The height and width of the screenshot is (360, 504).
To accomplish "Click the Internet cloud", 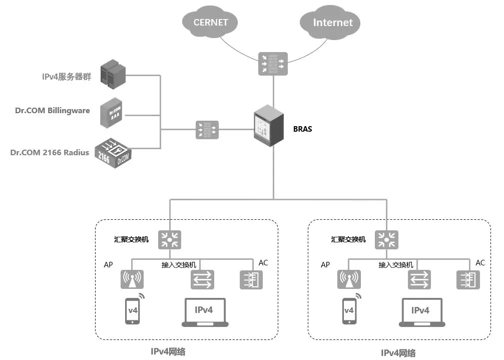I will point(332,22).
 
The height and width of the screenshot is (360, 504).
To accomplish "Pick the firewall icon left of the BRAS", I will point(206,130).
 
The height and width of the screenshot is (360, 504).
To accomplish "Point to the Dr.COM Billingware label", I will point(53,110).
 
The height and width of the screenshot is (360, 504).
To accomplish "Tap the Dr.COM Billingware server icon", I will point(111,115).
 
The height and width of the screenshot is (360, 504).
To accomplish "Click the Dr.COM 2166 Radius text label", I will point(50,152).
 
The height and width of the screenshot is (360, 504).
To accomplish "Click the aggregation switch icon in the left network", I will point(170,239).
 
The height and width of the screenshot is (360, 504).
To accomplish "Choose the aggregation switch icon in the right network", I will point(387,239).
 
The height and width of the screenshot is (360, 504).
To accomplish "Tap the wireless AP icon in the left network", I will point(132,279).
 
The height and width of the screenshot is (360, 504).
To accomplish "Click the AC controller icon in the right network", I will point(469,279).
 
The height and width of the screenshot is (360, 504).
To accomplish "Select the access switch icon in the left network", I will point(202,279).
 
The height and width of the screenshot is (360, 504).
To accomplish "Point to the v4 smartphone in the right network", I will point(349,311).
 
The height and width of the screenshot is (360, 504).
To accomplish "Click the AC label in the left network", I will point(263,263).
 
